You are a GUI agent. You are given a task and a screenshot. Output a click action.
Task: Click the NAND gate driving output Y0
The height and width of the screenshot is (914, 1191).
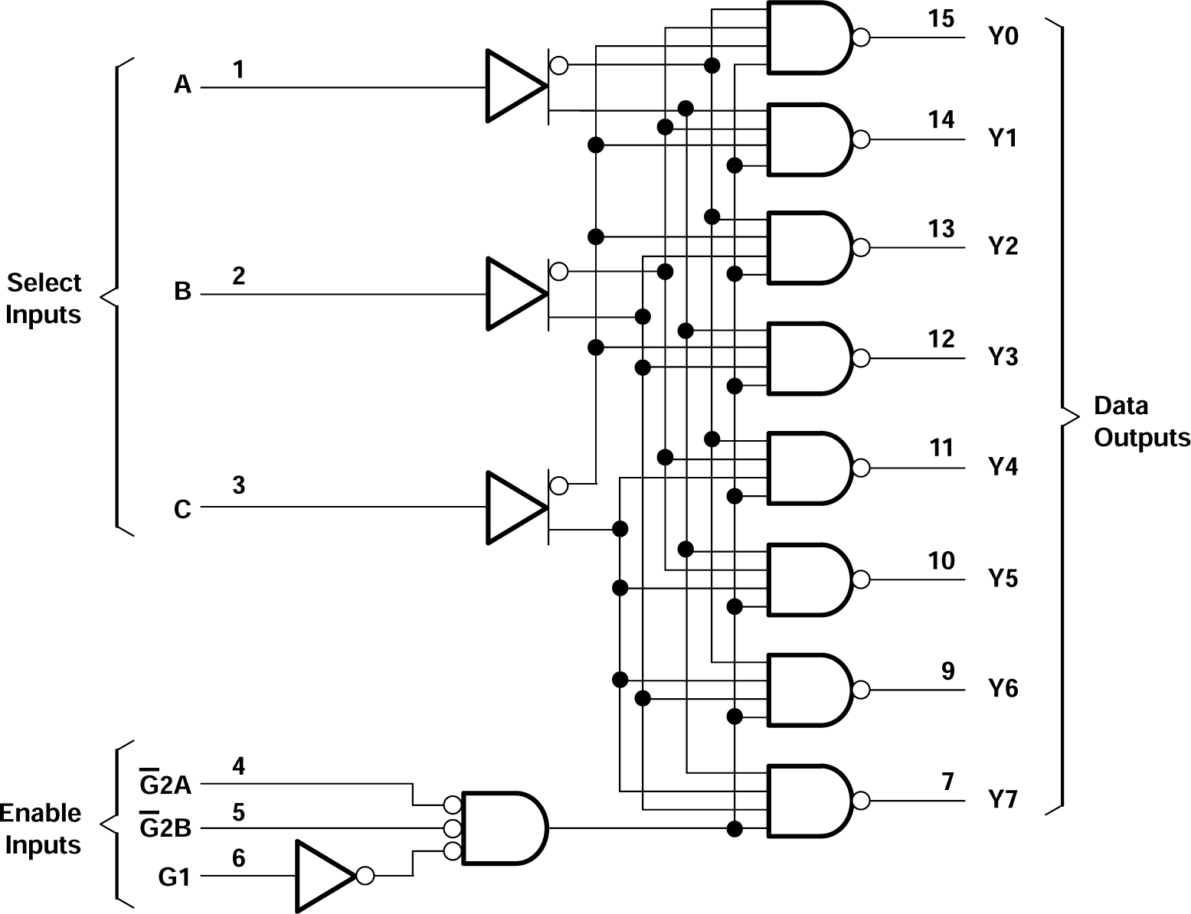[x=808, y=37]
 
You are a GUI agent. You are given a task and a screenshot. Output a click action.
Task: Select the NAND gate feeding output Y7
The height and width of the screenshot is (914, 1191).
[x=808, y=801]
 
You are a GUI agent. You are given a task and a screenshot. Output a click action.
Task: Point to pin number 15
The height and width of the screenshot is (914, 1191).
[x=941, y=18]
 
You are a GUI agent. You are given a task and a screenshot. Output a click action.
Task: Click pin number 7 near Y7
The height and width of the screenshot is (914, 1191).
[x=947, y=782]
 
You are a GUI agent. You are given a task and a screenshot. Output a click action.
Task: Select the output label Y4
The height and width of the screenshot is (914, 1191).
[x=1002, y=466]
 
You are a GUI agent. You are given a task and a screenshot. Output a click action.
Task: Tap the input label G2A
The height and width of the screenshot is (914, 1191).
[x=165, y=784]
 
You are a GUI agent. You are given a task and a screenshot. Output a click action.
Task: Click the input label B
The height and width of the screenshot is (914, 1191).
[x=182, y=292]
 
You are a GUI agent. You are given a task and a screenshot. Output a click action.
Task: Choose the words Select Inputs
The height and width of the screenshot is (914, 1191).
[x=44, y=299]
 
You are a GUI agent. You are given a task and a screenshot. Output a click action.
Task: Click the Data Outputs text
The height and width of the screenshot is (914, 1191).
[x=1140, y=421]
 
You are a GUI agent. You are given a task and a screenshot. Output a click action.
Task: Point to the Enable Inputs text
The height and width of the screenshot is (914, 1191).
[x=42, y=829]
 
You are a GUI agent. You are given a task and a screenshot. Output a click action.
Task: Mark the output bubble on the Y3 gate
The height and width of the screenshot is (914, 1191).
[x=861, y=358]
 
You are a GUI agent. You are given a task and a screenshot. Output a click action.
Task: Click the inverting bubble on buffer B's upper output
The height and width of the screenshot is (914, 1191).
[x=559, y=271]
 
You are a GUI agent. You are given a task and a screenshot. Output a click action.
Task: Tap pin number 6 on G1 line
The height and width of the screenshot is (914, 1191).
[x=238, y=858]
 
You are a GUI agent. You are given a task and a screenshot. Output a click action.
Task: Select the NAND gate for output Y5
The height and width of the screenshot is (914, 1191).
[x=808, y=579]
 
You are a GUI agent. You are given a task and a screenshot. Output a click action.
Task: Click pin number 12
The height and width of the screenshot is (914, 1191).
[x=941, y=338]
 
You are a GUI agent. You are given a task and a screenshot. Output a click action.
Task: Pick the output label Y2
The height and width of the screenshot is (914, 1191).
[x=1002, y=246]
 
